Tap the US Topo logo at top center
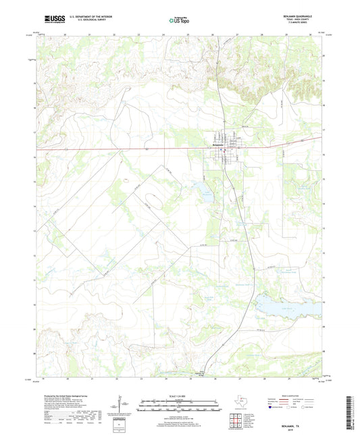pyautogui.click(x=177, y=21)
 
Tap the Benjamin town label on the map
pyautogui.click(x=215, y=145)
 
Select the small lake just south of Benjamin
pyautogui.click(x=202, y=187)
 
